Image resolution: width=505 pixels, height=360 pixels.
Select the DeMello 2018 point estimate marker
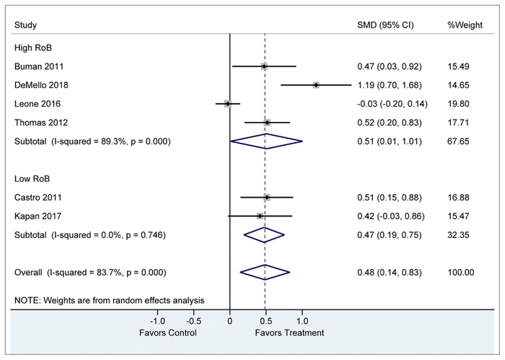click(316, 85)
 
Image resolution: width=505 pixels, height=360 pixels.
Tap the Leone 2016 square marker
click(227, 104)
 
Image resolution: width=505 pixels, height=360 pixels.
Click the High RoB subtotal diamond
click(266, 141)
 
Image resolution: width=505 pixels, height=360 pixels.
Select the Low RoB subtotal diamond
click(264, 234)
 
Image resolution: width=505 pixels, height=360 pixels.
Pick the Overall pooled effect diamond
click(265, 272)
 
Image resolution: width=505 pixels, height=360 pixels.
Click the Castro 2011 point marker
click(267, 197)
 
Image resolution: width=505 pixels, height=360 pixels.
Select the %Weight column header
click(462, 26)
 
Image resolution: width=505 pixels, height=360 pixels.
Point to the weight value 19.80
click(458, 104)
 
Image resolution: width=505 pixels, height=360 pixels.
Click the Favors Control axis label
click(167, 333)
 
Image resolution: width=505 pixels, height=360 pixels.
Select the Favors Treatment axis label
click(289, 333)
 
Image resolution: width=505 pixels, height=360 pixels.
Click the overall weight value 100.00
click(460, 272)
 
